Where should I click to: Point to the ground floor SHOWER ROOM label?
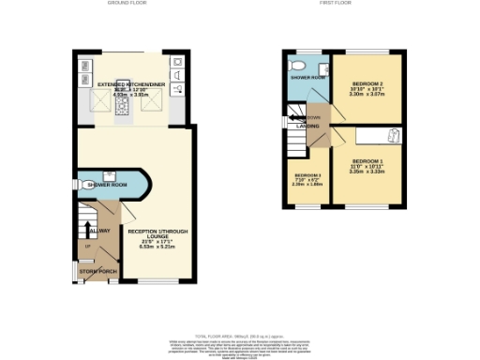tap(106, 186)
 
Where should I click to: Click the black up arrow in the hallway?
tap(89, 228)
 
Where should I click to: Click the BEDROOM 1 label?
tap(367, 160)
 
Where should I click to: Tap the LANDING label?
tap(306, 126)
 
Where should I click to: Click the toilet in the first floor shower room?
tap(297, 66)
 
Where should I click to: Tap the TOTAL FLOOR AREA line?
tap(240, 335)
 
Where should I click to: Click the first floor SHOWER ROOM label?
tap(307, 78)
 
